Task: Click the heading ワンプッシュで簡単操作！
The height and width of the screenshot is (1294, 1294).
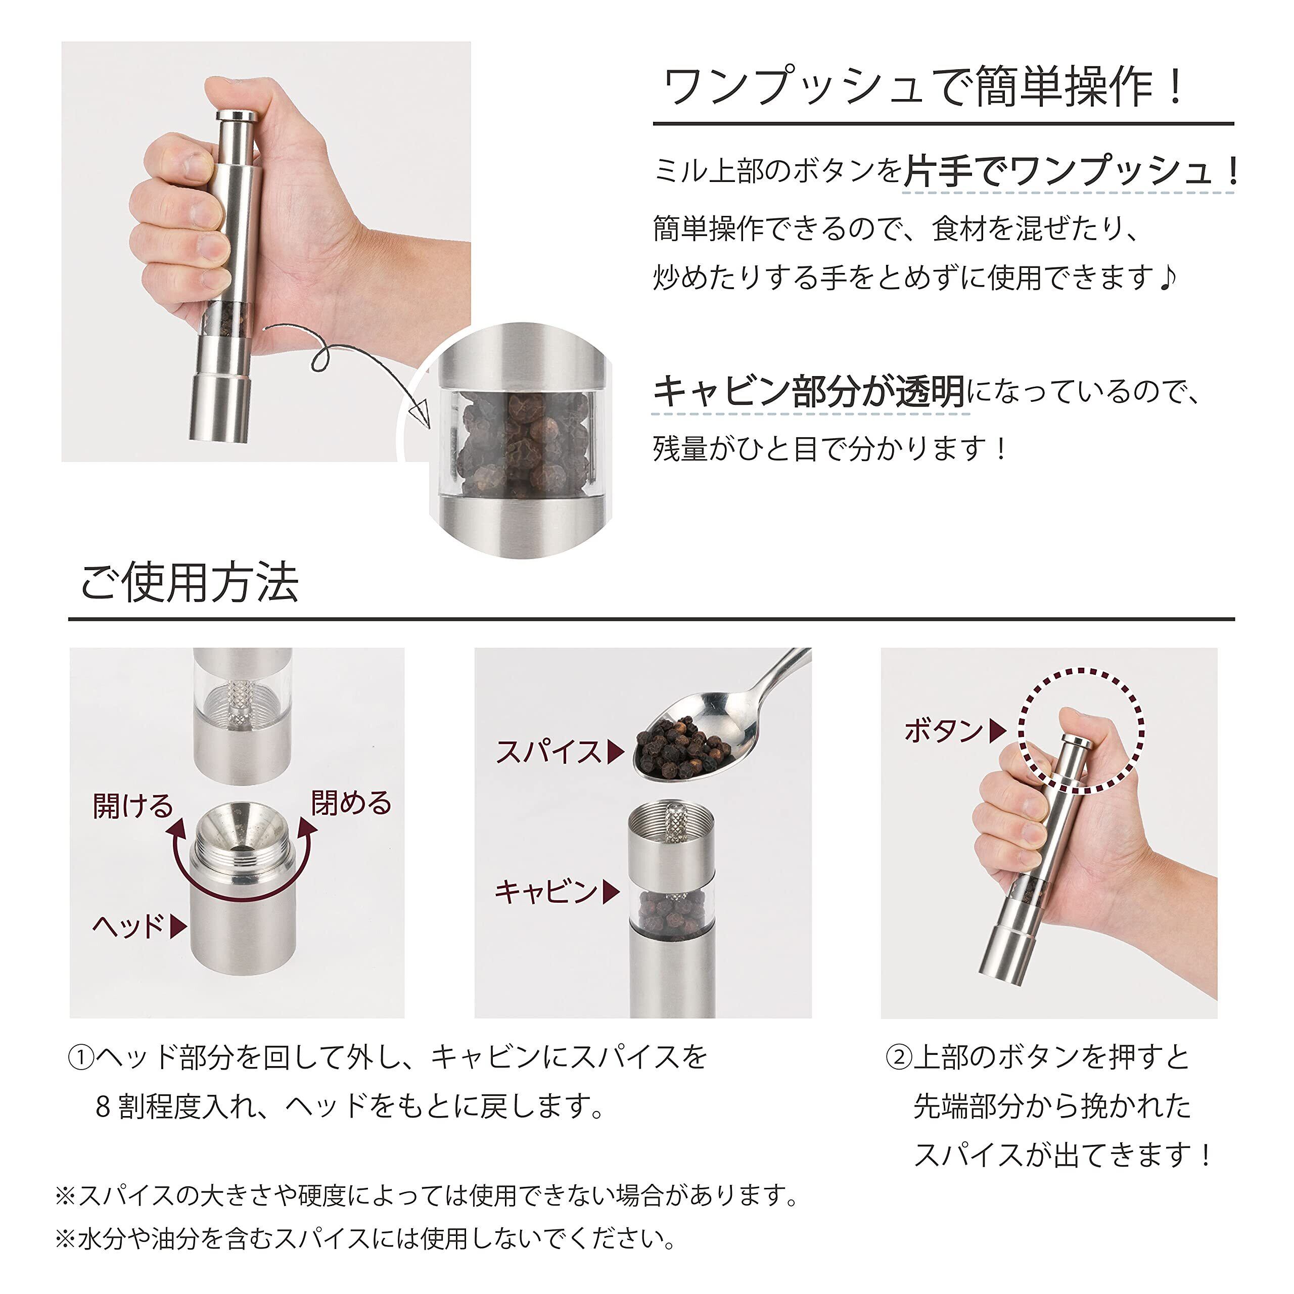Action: click(925, 87)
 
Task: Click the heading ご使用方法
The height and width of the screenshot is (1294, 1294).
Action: click(190, 582)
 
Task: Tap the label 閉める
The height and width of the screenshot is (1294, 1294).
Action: click(351, 802)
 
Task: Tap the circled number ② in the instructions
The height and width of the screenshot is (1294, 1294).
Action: click(898, 1057)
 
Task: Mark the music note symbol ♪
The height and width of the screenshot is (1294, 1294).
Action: click(1168, 276)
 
